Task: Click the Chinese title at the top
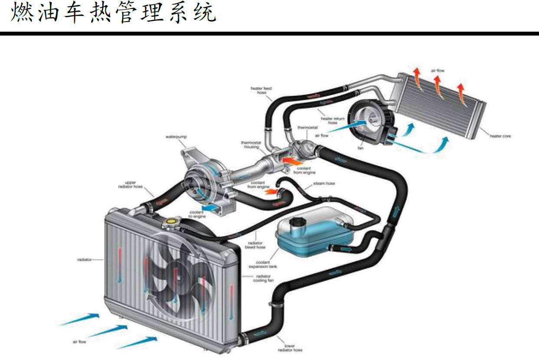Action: [x=113, y=13]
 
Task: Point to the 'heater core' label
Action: [x=500, y=136]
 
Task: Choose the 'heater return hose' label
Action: [x=333, y=120]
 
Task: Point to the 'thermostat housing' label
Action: [x=250, y=145]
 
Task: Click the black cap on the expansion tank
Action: [x=297, y=222]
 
